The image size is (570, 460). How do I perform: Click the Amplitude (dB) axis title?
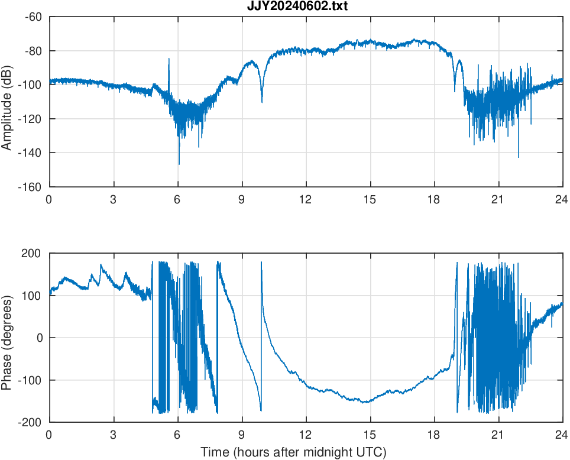click(x=7, y=102)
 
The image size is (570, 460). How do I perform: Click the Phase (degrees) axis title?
click(x=7, y=338)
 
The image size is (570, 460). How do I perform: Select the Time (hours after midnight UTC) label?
click(x=293, y=453)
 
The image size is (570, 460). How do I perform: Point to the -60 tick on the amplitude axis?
click(x=33, y=17)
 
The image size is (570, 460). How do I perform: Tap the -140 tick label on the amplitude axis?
click(x=31, y=153)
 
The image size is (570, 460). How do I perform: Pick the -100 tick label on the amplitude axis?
click(x=31, y=85)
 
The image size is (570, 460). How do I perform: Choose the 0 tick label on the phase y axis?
click(x=40, y=338)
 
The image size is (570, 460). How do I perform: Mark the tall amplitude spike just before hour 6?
click(x=169, y=59)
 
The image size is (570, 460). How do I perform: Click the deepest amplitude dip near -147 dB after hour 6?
click(x=179, y=164)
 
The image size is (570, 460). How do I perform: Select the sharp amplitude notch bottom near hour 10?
click(x=262, y=102)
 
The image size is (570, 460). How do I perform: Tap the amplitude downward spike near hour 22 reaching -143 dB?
click(x=519, y=157)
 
